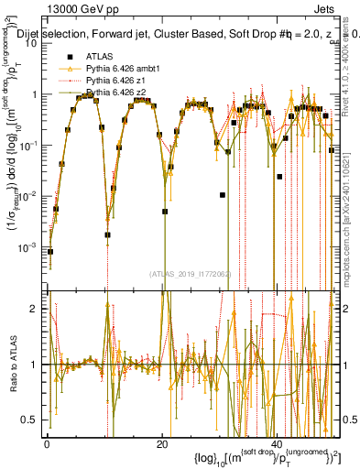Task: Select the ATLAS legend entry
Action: click(x=100, y=57)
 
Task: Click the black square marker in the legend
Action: click(x=69, y=57)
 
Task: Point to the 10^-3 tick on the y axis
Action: click(x=31, y=248)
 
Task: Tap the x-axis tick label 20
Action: click(x=162, y=444)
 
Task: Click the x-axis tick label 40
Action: click(x=278, y=444)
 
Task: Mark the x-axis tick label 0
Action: click(x=47, y=444)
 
